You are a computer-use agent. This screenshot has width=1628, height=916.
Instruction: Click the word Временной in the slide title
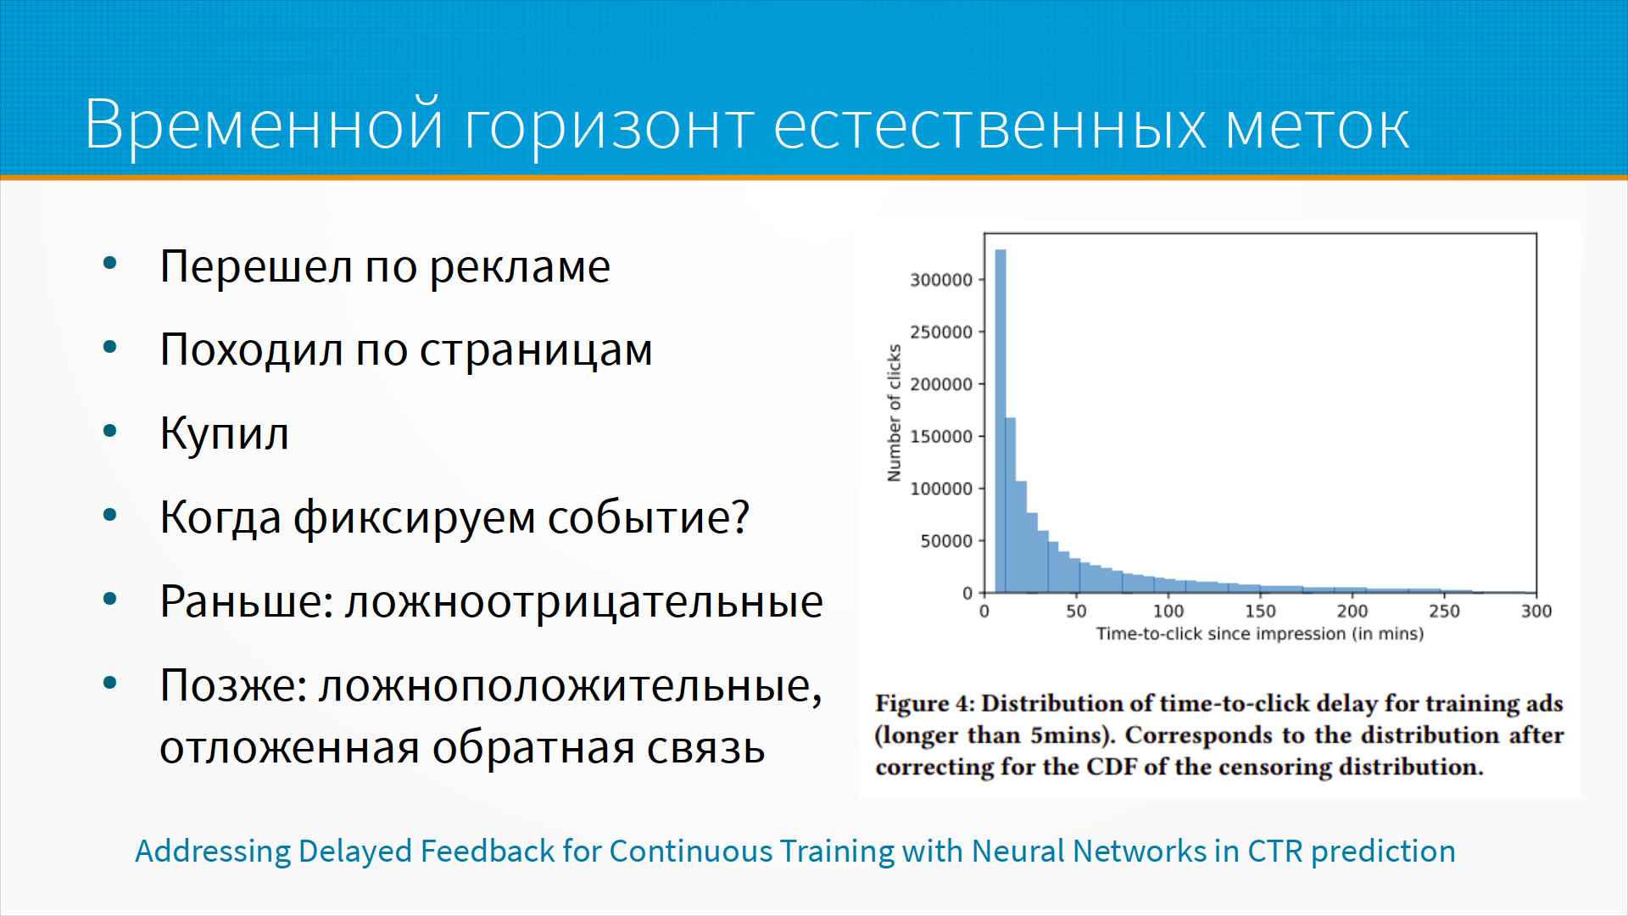click(265, 126)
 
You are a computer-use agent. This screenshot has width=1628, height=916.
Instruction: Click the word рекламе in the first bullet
click(520, 268)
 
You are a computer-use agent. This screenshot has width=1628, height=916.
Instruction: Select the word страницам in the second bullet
click(536, 351)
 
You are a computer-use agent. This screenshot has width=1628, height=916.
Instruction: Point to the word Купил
click(225, 433)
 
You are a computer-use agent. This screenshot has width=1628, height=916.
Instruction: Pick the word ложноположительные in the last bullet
click(570, 685)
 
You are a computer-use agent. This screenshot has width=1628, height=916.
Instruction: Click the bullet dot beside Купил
click(109, 432)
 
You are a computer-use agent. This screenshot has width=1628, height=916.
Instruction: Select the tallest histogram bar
click(1001, 421)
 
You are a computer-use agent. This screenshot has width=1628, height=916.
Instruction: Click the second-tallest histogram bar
click(1011, 505)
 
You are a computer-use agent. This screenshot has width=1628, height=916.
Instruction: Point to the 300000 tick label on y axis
click(941, 280)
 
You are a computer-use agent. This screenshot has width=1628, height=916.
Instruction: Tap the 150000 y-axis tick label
click(941, 437)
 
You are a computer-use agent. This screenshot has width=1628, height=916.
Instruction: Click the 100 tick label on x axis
click(1168, 611)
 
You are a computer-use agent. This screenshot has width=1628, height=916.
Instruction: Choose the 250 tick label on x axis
click(1445, 611)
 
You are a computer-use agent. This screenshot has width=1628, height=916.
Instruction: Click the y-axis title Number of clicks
click(894, 413)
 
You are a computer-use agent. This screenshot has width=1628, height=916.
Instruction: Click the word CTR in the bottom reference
click(1274, 851)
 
